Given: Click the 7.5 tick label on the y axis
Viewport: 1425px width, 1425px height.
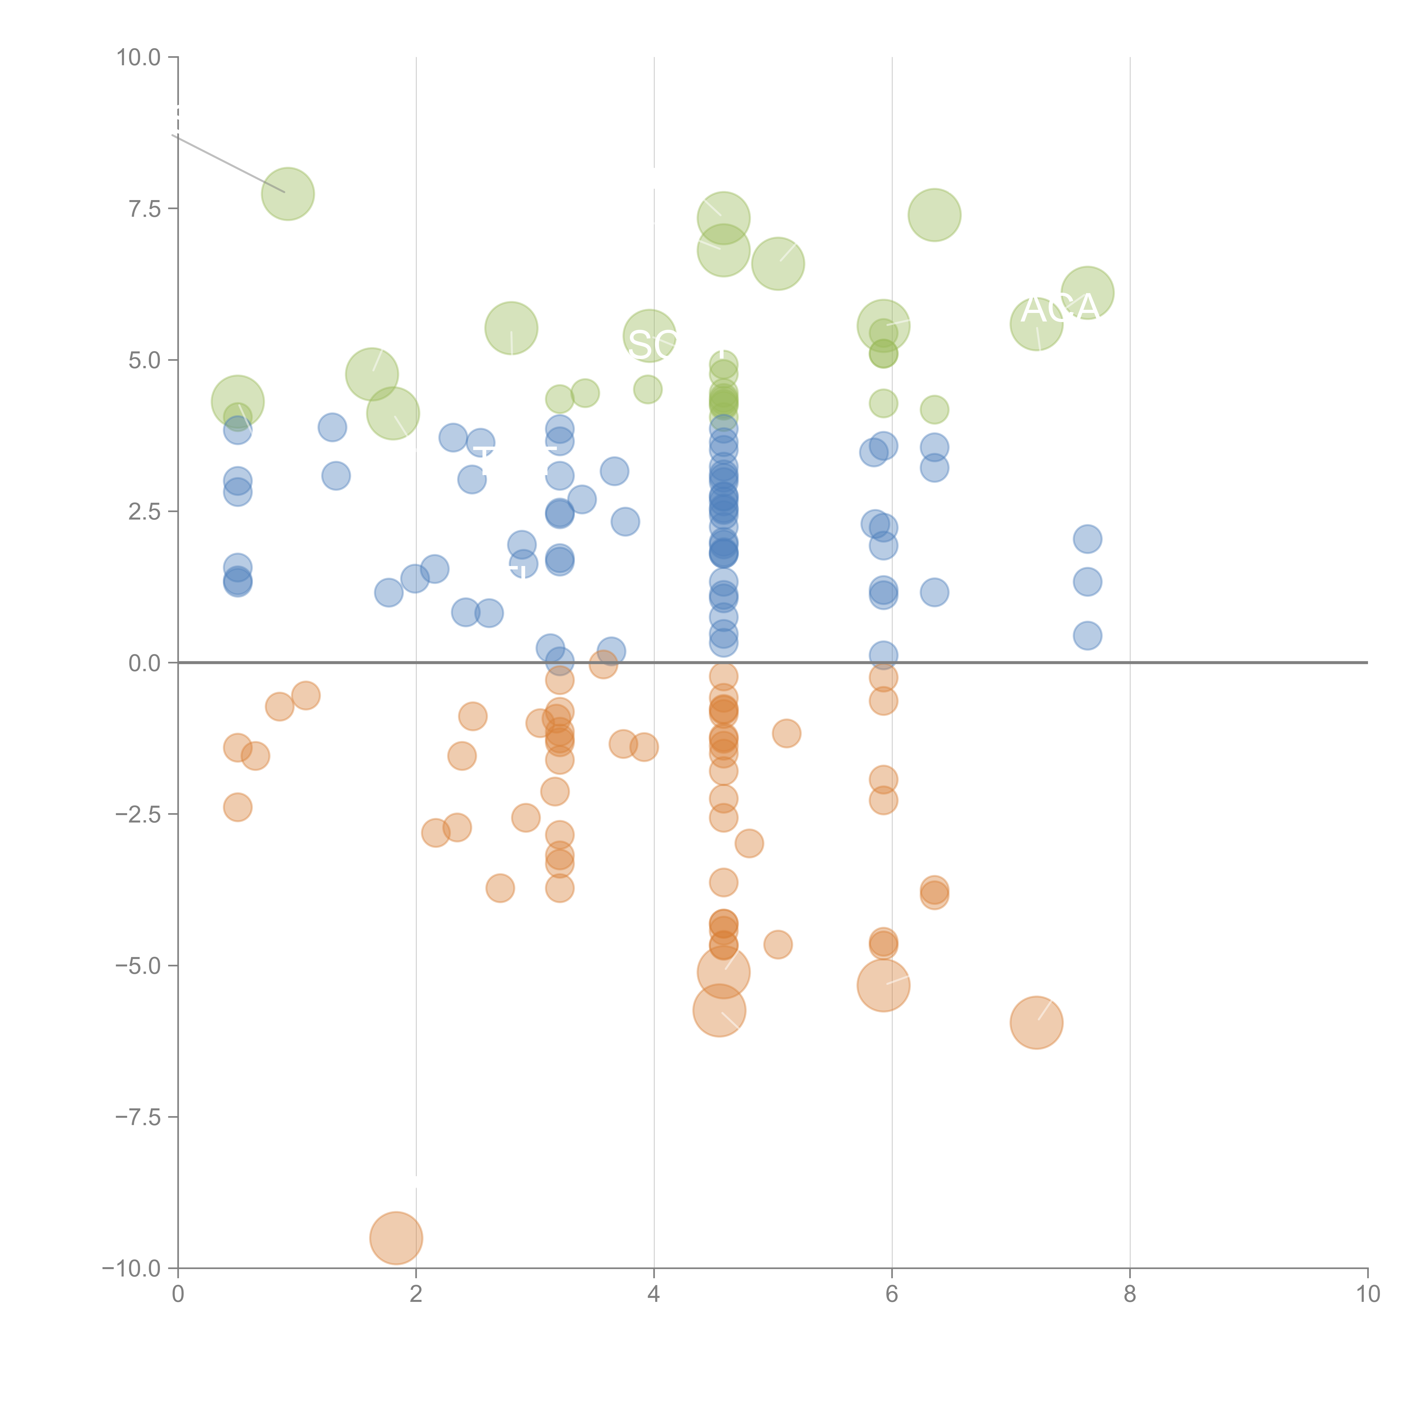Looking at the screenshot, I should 144,209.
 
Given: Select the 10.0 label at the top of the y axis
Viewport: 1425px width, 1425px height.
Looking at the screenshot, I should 139,58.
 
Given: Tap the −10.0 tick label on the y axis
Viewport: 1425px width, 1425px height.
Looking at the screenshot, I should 131,1269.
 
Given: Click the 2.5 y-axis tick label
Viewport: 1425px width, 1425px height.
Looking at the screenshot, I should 144,512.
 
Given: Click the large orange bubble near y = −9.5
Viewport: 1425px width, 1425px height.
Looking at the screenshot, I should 396,1238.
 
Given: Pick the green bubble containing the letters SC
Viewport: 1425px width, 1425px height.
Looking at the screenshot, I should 649,336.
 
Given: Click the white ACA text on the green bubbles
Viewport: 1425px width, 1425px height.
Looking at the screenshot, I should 1060,308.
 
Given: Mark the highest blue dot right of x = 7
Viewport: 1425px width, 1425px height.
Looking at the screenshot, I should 1087,539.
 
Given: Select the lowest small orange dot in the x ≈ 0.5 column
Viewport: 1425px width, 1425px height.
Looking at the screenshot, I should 237,807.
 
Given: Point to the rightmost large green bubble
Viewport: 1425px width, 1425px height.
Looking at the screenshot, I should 1087,293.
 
